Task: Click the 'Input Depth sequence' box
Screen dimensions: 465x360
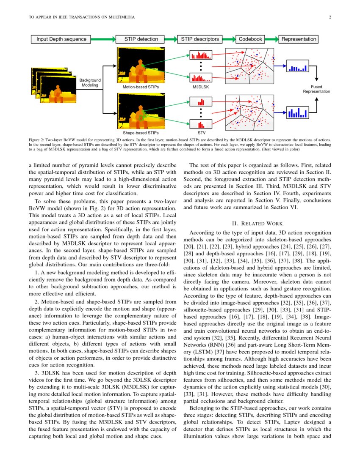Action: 61,39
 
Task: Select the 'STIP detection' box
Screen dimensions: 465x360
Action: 141,39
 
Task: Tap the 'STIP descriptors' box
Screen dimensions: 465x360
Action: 200,39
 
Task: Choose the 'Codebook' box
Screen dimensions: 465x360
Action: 250,39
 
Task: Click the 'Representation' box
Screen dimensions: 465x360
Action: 299,39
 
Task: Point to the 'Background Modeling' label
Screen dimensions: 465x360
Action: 90,82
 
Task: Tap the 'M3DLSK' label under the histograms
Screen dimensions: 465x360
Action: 201,87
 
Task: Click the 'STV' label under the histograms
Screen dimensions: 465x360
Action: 201,133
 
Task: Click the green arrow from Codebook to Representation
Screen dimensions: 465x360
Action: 271,39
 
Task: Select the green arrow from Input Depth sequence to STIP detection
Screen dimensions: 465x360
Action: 103,39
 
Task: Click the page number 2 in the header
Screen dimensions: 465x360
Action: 329,17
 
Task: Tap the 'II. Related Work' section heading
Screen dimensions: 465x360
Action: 257,224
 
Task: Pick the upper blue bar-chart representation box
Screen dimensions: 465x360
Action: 299,67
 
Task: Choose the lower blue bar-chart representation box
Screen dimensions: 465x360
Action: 299,112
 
